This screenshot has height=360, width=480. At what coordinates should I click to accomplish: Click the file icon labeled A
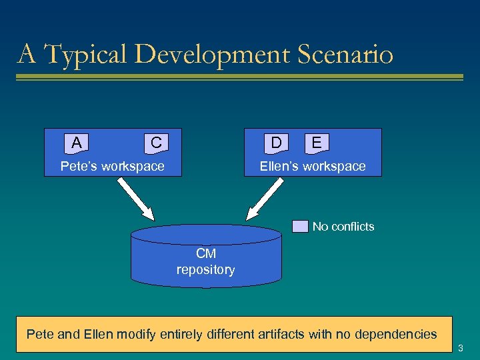[x=77, y=143]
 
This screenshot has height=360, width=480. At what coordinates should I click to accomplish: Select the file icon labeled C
[x=156, y=143]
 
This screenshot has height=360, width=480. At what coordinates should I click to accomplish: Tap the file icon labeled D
[x=276, y=143]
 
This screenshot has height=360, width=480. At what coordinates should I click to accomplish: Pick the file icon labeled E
[x=317, y=143]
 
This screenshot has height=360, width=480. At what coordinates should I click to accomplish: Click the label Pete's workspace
[x=112, y=167]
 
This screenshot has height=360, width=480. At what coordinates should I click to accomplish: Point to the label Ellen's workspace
[x=313, y=167]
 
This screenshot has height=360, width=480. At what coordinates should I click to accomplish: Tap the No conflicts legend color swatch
[x=301, y=227]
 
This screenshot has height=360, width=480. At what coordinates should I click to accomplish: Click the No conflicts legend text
[x=343, y=227]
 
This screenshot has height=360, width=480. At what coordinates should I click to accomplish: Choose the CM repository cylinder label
[x=205, y=262]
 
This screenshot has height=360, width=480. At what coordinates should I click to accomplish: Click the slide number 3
[x=461, y=348]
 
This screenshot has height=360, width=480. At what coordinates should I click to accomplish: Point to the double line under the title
[x=239, y=77]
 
